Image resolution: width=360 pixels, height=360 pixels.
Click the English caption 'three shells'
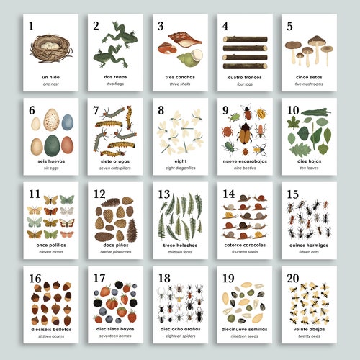point(178,84)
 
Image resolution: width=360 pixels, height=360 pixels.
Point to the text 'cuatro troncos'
point(243,77)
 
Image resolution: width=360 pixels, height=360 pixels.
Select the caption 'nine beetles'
point(243,168)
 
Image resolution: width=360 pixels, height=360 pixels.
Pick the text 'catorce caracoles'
point(243,246)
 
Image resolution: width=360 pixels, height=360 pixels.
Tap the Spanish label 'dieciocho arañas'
point(179,330)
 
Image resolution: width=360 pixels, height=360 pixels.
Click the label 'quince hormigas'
point(308,246)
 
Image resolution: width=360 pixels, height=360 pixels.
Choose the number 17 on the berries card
point(100,279)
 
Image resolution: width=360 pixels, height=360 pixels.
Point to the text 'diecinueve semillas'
point(243,330)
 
